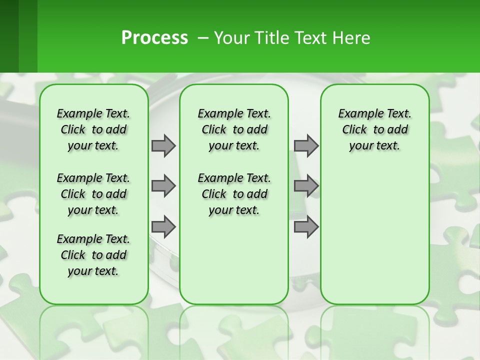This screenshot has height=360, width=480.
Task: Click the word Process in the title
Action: pyautogui.click(x=154, y=38)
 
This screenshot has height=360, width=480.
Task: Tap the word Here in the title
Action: pyautogui.click(x=350, y=38)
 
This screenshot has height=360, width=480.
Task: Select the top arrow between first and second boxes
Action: pyautogui.click(x=163, y=145)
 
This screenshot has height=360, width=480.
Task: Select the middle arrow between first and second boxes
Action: pyautogui.click(x=163, y=186)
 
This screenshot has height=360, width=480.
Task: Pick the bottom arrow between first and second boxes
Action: pyautogui.click(x=163, y=227)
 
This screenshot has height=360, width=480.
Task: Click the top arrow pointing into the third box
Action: pyautogui.click(x=306, y=145)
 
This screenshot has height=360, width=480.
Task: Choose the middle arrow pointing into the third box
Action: pyautogui.click(x=306, y=186)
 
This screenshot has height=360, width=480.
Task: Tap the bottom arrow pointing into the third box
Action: pyautogui.click(x=306, y=227)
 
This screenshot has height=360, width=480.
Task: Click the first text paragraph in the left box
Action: pyautogui.click(x=93, y=129)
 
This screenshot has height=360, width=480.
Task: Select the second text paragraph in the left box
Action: pyautogui.click(x=93, y=194)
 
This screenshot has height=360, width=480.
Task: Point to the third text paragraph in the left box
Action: pyautogui.click(x=93, y=255)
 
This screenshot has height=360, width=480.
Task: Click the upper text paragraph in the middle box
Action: pyautogui.click(x=234, y=129)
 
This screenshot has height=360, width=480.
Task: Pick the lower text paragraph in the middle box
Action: pyautogui.click(x=234, y=194)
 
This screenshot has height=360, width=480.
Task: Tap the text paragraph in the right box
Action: pyautogui.click(x=374, y=129)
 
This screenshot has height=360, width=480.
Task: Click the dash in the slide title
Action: pyautogui.click(x=203, y=38)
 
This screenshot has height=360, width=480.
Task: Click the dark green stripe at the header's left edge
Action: pyautogui.click(x=9, y=36)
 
